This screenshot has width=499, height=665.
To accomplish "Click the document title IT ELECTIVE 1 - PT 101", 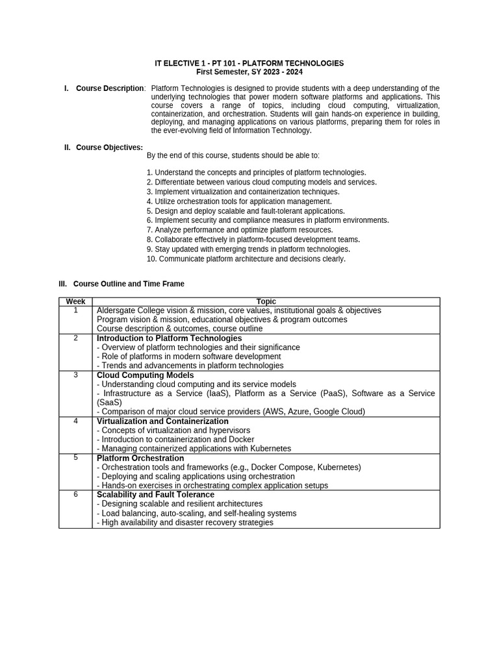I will [249, 63].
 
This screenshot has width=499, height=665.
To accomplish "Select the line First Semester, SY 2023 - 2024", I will [249, 72].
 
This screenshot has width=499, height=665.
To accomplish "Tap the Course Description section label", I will [110, 88].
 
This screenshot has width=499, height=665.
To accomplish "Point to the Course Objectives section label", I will [109, 147].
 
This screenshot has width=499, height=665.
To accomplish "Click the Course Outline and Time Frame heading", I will [129, 284].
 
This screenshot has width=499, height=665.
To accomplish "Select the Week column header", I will [75, 301].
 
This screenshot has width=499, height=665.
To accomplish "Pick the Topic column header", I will [266, 301].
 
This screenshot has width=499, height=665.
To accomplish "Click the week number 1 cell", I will [75, 310].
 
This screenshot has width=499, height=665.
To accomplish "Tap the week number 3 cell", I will [75, 375].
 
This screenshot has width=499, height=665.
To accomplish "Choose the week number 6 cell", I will [75, 495].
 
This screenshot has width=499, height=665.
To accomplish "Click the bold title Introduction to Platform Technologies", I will [169, 338].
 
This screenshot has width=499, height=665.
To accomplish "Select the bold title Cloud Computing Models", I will [145, 375].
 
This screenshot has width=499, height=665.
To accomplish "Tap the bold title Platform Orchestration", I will [140, 458].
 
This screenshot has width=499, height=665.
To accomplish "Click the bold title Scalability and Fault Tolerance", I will [155, 495].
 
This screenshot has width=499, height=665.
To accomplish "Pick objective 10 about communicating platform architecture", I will [246, 258].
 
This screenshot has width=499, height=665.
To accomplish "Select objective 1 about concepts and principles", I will [256, 173].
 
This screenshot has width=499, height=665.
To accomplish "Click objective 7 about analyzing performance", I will [239, 230].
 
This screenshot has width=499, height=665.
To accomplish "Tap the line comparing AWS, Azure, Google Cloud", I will [231, 412].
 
